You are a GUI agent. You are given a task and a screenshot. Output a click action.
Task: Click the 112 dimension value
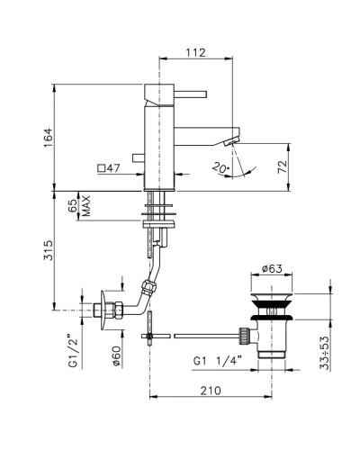tap(196, 52)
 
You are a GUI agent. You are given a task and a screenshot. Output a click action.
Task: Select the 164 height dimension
tap(49, 138)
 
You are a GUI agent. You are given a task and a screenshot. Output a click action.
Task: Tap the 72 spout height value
tap(283, 166)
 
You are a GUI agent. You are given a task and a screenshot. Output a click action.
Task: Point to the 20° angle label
tap(221, 167)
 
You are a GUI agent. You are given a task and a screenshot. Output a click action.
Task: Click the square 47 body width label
tap(109, 168)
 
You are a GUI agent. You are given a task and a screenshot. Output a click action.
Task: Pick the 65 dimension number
tap(73, 206)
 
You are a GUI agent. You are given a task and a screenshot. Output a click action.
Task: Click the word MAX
tap(86, 206)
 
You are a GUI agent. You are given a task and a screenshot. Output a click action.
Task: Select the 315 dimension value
tap(49, 250)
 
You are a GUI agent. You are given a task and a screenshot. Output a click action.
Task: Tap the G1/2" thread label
tap(74, 353)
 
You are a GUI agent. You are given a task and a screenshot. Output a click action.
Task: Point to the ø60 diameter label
tap(117, 355)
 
